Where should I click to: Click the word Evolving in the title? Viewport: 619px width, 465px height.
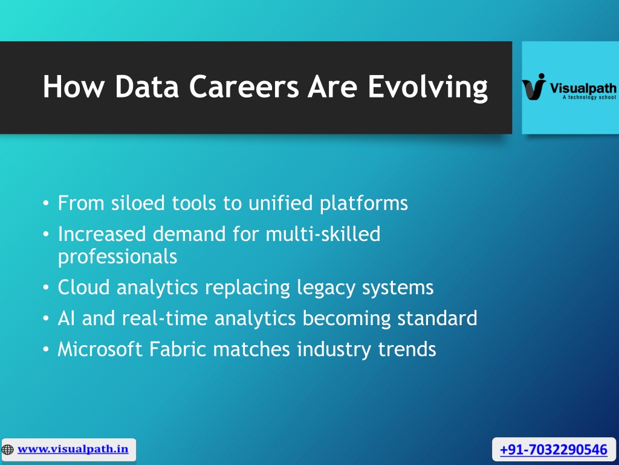click(x=428, y=87)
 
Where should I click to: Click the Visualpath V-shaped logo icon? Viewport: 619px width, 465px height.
click(x=534, y=87)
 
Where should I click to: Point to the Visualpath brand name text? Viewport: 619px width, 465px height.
click(x=583, y=88)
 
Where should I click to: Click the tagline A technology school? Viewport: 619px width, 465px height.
click(x=589, y=97)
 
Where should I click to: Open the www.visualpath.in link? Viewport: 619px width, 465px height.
click(x=73, y=449)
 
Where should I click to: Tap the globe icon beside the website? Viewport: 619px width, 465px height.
click(x=7, y=450)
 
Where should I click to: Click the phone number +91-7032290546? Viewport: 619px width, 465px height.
click(x=554, y=450)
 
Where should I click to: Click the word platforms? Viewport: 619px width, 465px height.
click(x=363, y=203)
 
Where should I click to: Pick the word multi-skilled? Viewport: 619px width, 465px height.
click(x=323, y=234)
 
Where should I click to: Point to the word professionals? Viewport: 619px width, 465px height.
click(x=118, y=257)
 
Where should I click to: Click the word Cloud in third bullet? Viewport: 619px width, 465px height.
click(x=83, y=287)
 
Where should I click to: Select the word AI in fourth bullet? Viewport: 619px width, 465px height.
click(x=66, y=318)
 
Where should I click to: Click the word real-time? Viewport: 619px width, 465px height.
click(x=164, y=318)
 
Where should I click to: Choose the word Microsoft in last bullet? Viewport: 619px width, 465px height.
click(x=100, y=349)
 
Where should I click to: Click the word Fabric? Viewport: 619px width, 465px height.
click(x=178, y=349)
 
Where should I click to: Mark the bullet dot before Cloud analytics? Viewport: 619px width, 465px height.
click(x=46, y=288)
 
